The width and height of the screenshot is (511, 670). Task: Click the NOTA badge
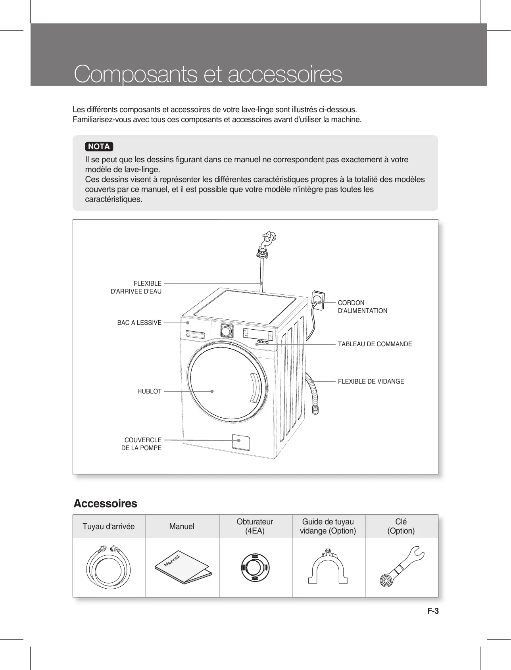click(99, 146)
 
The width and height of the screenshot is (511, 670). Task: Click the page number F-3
click(433, 611)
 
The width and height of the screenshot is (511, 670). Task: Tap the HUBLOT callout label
click(149, 391)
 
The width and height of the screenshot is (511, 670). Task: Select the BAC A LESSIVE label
click(139, 323)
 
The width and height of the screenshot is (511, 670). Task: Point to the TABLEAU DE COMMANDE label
click(375, 344)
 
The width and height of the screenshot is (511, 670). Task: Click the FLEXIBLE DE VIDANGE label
click(371, 382)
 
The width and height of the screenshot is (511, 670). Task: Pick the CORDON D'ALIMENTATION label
click(362, 307)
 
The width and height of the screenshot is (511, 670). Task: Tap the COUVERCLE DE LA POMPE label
click(142, 444)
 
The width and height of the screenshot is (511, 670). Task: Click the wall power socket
click(318, 299)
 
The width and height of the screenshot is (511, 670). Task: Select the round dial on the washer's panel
click(226, 330)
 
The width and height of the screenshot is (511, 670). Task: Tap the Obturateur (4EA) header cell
click(255, 526)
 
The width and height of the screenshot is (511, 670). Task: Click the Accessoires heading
click(106, 504)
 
